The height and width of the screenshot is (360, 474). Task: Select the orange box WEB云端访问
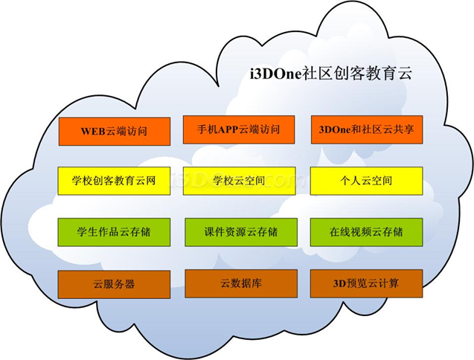tap(114, 132)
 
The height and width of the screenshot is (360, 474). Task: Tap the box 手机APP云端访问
tap(239, 129)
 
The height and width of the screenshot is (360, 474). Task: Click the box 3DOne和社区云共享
tap(366, 129)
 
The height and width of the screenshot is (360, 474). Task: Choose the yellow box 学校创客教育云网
tap(114, 181)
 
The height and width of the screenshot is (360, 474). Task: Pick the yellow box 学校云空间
tap(239, 181)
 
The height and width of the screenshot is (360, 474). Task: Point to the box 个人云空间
tap(366, 181)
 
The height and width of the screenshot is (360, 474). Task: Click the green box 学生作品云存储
tap(114, 232)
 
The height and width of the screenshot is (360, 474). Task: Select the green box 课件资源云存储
tap(240, 232)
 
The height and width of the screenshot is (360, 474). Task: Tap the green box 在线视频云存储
tap(366, 232)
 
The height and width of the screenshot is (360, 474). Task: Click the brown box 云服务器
tap(114, 284)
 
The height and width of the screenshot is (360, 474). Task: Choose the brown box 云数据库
tap(240, 283)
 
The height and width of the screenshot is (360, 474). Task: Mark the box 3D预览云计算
tap(366, 283)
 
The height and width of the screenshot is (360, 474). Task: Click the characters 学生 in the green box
tap(87, 232)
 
